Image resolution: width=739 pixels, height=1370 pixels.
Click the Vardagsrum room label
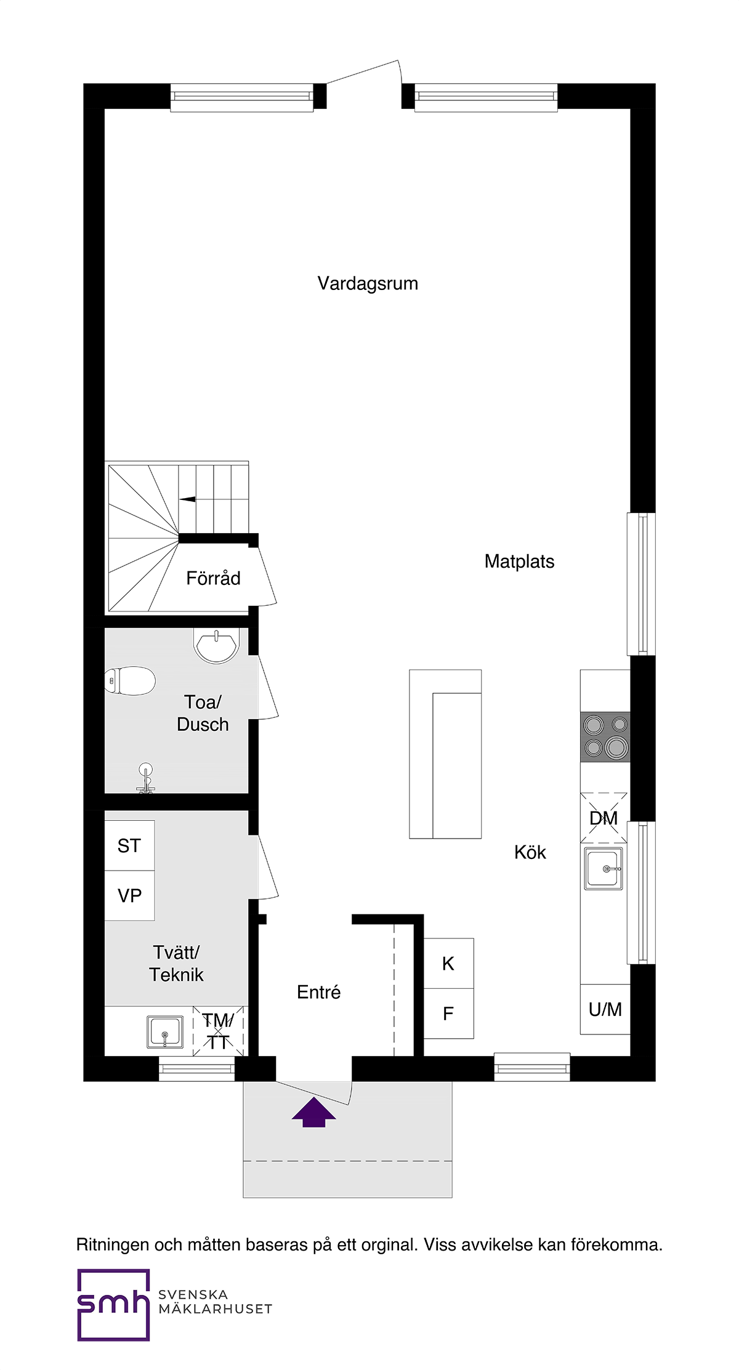click(x=368, y=284)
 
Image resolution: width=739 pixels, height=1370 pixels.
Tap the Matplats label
click(x=519, y=562)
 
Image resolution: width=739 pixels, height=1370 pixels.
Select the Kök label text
click(x=530, y=852)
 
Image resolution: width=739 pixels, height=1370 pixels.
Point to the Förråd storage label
click(x=213, y=578)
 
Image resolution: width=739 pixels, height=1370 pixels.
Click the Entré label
click(x=318, y=992)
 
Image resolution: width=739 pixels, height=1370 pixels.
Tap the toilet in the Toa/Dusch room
click(x=129, y=681)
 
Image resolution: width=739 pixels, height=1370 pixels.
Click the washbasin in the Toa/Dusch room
click(x=216, y=645)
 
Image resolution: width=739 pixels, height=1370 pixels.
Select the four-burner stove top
click(x=605, y=736)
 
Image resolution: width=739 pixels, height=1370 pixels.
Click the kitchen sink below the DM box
click(x=604, y=869)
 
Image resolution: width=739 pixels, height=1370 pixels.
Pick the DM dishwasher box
click(x=604, y=818)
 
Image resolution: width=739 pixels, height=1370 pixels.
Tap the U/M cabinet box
click(x=605, y=1009)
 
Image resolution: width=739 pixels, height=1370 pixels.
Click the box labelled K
click(x=448, y=964)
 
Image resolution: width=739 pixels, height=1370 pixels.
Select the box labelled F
click(x=448, y=1013)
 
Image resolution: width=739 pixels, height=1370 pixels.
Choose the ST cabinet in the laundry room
click(x=129, y=845)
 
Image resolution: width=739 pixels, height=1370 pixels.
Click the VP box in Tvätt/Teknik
click(x=129, y=896)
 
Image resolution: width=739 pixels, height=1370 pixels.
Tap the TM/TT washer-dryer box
click(x=219, y=1031)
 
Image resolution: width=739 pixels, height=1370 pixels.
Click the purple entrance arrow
click(x=314, y=1112)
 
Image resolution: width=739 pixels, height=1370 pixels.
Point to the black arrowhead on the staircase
click(x=188, y=499)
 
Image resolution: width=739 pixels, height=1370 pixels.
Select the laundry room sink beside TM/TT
click(x=165, y=1032)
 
